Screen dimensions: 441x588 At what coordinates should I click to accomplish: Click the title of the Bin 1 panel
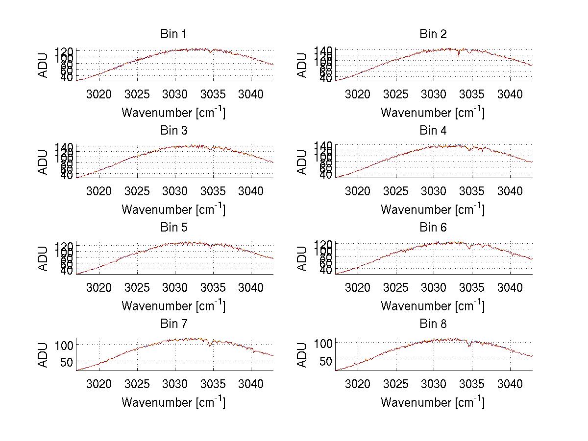pos(173,34)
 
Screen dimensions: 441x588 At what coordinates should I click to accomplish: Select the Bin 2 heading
pos(433,34)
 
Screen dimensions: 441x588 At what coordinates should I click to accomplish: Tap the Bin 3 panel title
pos(173,131)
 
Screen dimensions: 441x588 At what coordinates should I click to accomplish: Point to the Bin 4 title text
pos(433,131)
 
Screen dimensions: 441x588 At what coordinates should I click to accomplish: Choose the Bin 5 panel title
pos(173,228)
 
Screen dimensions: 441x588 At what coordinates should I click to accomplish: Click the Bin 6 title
pos(433,228)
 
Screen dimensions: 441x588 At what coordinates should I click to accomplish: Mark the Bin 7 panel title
pos(173,324)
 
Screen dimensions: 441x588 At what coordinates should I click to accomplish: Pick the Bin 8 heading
pos(433,324)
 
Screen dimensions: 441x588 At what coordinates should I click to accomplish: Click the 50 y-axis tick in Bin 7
pos(67,362)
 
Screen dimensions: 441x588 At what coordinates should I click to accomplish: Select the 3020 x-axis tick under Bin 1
pos(99,94)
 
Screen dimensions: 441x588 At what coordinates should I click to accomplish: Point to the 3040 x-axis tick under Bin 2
pos(510,94)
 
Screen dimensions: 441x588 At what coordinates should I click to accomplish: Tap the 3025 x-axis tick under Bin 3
pos(137,191)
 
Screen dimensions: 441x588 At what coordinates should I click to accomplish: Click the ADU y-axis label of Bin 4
pos(303,162)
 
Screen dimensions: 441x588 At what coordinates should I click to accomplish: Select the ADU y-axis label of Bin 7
pos(44,355)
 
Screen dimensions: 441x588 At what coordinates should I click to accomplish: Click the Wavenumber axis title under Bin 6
pos(433,306)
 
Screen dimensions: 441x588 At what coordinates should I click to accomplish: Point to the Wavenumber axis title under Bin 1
pos(173,113)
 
